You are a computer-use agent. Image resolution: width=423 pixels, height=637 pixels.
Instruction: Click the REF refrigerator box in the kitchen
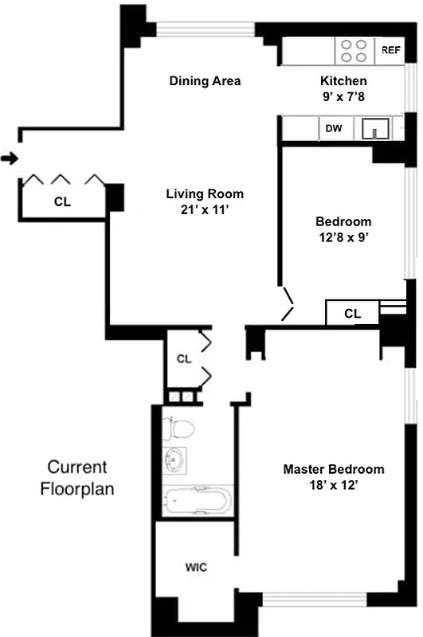[390, 50]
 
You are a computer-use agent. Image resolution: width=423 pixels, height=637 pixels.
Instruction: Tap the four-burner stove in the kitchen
[354, 51]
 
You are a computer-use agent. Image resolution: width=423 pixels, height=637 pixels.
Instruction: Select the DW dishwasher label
[333, 127]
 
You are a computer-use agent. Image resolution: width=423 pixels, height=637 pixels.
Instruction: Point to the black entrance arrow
[9, 159]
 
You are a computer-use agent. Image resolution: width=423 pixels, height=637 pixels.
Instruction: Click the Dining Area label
[205, 81]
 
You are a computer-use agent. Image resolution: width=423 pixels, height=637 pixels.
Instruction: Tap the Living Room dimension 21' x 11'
[205, 209]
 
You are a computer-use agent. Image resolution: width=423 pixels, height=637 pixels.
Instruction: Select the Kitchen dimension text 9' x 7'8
[343, 96]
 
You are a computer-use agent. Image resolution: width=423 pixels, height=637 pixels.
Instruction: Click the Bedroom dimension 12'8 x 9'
[343, 237]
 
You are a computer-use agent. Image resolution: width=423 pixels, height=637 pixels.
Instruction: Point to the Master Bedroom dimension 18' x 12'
[333, 486]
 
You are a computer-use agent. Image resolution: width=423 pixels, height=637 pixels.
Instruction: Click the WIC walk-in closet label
[196, 568]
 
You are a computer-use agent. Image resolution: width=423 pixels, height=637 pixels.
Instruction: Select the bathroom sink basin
[176, 460]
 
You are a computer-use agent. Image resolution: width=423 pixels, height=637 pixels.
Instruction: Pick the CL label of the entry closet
[62, 202]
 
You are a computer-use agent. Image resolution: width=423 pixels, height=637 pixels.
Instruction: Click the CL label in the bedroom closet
[352, 314]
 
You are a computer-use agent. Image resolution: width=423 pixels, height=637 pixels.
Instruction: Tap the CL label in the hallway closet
[184, 359]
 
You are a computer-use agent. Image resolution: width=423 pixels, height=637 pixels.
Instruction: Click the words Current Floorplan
[77, 478]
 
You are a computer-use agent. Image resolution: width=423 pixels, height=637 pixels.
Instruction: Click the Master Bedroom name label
[333, 469]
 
